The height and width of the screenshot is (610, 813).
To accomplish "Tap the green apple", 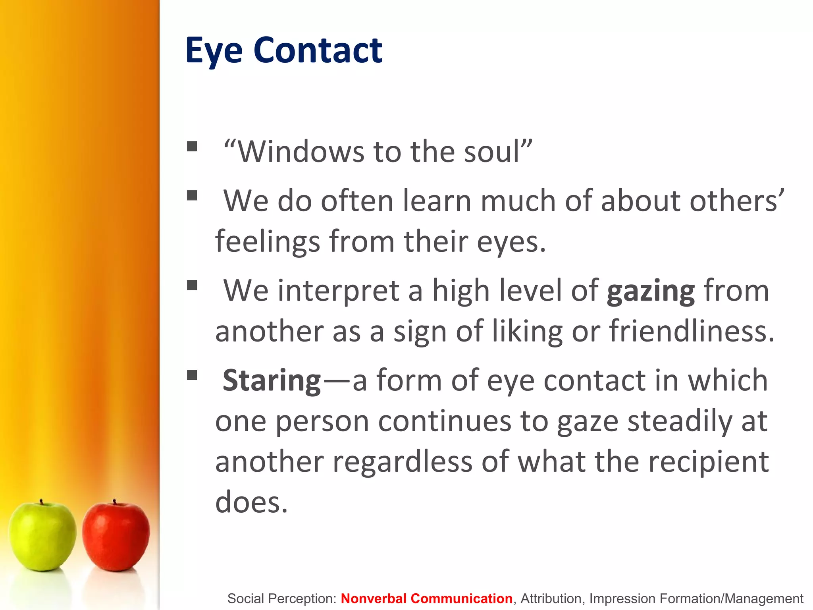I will (x=42, y=536).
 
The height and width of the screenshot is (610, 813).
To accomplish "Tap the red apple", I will (x=116, y=536).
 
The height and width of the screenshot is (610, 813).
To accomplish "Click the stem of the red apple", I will (x=114, y=502).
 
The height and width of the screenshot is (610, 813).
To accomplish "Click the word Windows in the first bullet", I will (x=301, y=152).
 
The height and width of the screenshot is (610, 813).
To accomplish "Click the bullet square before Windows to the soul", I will (x=192, y=147).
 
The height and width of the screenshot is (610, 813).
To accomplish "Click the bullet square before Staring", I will (x=192, y=375).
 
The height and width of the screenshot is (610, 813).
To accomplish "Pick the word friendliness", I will (x=691, y=331).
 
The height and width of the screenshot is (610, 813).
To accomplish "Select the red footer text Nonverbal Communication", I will (x=426, y=598).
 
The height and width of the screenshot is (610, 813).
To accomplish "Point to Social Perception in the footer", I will (x=281, y=598).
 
